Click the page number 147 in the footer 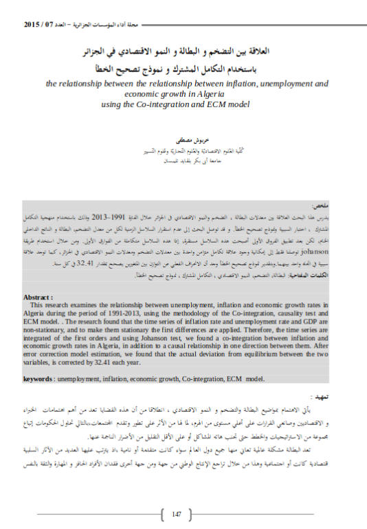click(176, 513)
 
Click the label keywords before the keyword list click(39, 378)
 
